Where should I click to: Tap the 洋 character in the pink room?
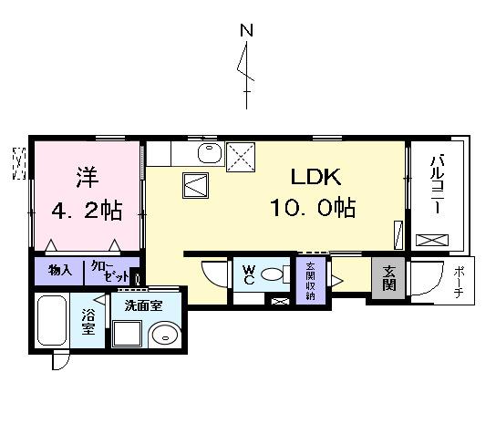[86, 175]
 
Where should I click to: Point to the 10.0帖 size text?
[312, 208]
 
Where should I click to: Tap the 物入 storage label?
[61, 271]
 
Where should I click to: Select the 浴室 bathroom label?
[88, 321]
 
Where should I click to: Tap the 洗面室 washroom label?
[144, 305]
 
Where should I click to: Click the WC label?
[247, 274]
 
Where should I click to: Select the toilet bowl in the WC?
[275, 276]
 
